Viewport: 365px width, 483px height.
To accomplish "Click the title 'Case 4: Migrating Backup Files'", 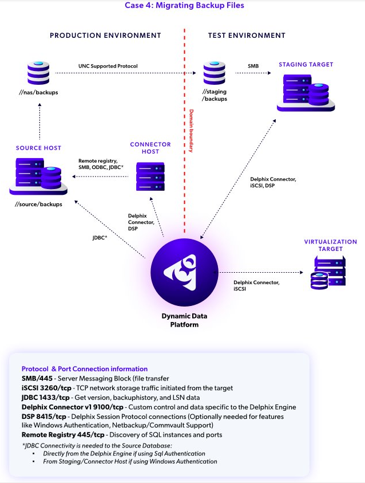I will pos(184,6).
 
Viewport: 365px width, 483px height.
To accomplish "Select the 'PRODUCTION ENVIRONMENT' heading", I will pos(105,36).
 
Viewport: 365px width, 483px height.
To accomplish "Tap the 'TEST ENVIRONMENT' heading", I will pos(246,36).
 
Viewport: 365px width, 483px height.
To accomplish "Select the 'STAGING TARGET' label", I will pos(306,65).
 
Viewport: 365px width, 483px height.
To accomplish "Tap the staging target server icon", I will pos(306,91).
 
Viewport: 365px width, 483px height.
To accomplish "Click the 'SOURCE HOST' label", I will pos(39,148).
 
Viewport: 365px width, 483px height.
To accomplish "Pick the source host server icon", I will pos(38,175).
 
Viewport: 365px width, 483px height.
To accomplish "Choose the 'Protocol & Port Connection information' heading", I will pos(85,369).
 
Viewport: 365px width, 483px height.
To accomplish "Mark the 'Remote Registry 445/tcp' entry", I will pos(58,435).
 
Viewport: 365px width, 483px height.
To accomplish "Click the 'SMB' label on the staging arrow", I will pos(253,66).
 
